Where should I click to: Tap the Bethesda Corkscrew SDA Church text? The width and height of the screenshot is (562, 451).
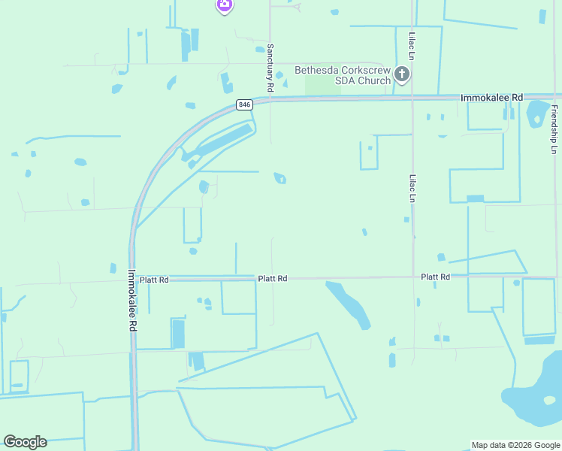click(x=343, y=75)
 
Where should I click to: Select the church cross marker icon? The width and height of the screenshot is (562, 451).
click(x=402, y=74)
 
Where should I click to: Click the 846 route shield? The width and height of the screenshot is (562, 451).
click(x=243, y=104)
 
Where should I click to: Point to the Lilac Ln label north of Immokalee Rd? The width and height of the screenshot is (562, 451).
click(x=412, y=46)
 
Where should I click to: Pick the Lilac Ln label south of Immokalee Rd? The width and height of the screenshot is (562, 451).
click(x=412, y=189)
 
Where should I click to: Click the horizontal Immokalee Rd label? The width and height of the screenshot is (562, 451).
click(x=491, y=98)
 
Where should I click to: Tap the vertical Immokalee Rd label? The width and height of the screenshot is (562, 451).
click(x=131, y=301)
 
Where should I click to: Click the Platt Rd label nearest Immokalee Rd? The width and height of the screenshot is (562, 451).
click(x=155, y=279)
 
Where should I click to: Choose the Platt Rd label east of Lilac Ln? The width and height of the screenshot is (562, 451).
click(x=435, y=277)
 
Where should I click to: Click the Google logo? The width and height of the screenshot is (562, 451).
click(x=25, y=441)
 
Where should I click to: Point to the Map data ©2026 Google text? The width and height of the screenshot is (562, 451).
click(x=515, y=445)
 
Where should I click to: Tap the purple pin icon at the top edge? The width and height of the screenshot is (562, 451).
click(x=224, y=6)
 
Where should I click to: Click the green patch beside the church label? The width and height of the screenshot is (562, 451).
click(x=323, y=87)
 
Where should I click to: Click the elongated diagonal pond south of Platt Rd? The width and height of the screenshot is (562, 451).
click(x=349, y=304)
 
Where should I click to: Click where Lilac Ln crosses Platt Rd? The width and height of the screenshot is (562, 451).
click(x=413, y=277)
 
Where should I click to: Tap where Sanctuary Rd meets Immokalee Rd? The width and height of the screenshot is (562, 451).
click(x=270, y=99)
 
